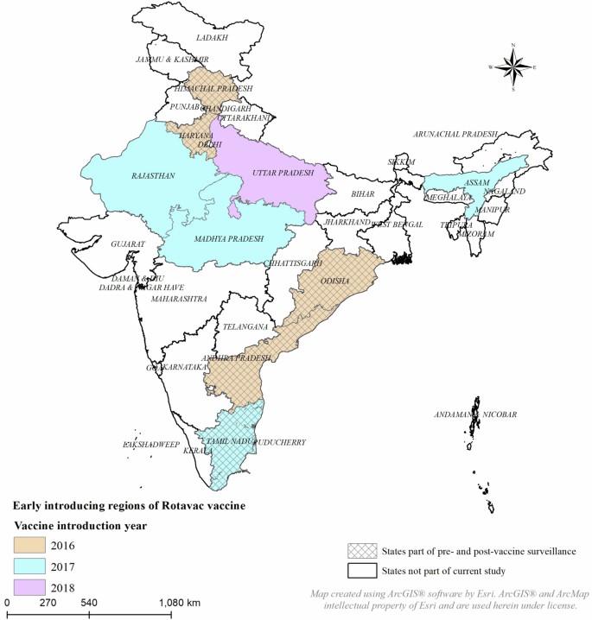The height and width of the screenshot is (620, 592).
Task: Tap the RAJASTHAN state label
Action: [153, 176]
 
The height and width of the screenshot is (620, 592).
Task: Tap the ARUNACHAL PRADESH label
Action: [455, 135]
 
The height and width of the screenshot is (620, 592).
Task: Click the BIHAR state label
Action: [363, 195]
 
